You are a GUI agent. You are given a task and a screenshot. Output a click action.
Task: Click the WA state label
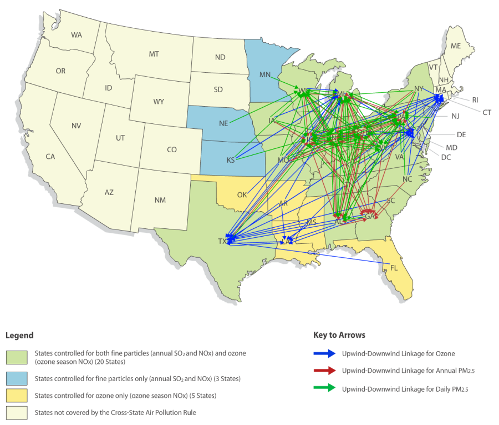click(77, 35)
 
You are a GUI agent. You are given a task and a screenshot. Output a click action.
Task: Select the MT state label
click(154, 54)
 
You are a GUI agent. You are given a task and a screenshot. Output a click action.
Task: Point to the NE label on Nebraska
click(223, 123)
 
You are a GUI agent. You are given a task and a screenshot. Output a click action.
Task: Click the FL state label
click(394, 268)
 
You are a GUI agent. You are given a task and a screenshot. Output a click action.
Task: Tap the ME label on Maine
click(456, 46)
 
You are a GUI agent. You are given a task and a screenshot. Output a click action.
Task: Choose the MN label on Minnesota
click(264, 74)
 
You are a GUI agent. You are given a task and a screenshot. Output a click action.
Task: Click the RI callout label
click(475, 100)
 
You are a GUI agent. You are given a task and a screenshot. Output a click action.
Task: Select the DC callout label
click(446, 157)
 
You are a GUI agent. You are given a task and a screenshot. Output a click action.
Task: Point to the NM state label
click(160, 199)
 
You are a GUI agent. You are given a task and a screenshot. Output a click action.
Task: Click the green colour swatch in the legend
click(16, 357)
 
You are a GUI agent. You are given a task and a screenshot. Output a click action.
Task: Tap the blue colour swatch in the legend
click(16, 379)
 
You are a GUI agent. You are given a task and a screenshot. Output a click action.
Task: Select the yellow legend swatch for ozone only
click(16, 396)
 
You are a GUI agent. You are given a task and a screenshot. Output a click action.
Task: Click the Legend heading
click(19, 336)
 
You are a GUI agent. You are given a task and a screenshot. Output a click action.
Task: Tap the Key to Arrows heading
click(339, 336)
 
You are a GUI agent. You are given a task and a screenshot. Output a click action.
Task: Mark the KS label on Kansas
click(231, 160)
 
